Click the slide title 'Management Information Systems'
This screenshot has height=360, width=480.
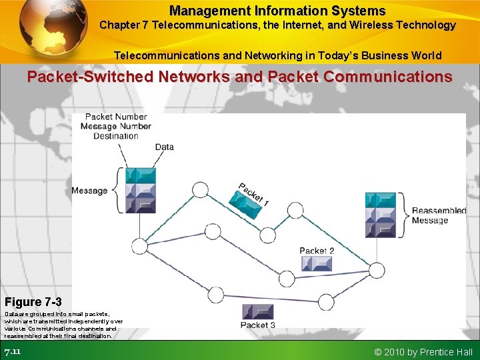[x=277, y=11]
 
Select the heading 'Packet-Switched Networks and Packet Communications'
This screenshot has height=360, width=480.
[x=239, y=77]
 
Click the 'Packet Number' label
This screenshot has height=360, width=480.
[x=116, y=117]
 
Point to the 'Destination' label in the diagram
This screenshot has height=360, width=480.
[x=116, y=136]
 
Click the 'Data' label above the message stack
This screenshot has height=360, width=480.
[x=164, y=147]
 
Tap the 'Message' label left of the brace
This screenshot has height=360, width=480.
[x=89, y=191]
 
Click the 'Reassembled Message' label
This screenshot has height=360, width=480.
[x=439, y=215]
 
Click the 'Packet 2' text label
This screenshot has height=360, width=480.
[x=317, y=251]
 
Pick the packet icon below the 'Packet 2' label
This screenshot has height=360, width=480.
[x=317, y=263]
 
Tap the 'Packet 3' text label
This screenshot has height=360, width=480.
[x=258, y=325]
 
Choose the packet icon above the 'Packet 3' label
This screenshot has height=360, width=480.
[x=258, y=311]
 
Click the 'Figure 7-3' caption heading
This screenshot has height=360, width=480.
[x=33, y=302]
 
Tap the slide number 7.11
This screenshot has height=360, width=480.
[x=13, y=351]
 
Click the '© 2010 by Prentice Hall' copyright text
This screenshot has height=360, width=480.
[x=423, y=351]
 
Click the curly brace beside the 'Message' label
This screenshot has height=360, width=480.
[x=119, y=191]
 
